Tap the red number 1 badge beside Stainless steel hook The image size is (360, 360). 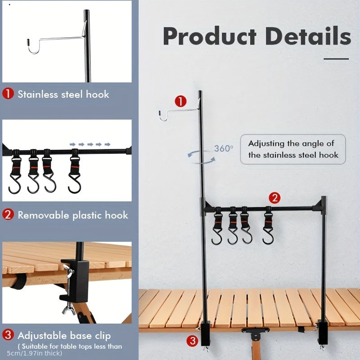(8, 94)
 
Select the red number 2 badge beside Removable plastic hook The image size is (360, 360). (8, 215)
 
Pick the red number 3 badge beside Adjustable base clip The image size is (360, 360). (8, 335)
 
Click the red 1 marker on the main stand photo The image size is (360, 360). (180, 102)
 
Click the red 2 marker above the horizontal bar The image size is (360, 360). (275, 197)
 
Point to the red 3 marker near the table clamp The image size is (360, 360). (193, 341)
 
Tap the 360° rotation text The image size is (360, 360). (223, 148)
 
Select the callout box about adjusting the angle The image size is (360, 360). (292, 149)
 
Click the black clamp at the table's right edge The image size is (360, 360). (322, 333)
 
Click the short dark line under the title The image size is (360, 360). (336, 58)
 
